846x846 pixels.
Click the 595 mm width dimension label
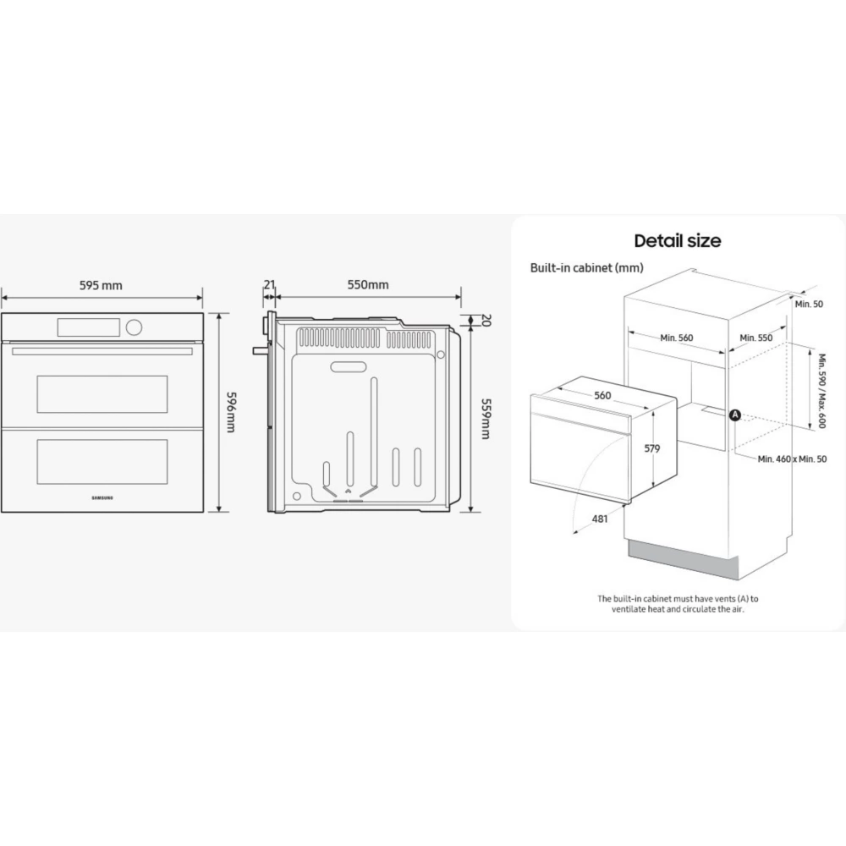tap(101, 285)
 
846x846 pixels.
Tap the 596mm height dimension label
tap(231, 412)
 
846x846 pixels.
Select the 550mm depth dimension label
tap(368, 284)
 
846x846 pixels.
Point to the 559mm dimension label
tap(486, 420)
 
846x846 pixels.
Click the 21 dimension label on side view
tap(270, 284)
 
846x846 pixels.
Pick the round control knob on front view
tap(134, 327)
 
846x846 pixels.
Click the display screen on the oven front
tap(89, 327)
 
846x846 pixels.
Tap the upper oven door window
tap(102, 394)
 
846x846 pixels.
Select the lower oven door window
tap(102, 462)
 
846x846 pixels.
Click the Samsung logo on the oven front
tap(102, 498)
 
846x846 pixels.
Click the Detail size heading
tap(678, 240)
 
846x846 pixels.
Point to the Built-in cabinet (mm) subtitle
tap(587, 267)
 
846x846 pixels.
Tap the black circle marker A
tap(735, 415)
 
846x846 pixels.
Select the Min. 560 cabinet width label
tap(677, 338)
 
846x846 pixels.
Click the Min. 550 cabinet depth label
tap(755, 338)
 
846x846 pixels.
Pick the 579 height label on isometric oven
tap(652, 448)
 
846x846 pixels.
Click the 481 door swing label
tap(600, 519)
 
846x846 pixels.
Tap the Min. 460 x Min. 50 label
tap(792, 459)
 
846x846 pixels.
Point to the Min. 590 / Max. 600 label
tap(821, 391)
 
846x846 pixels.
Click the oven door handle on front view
tap(102, 352)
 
